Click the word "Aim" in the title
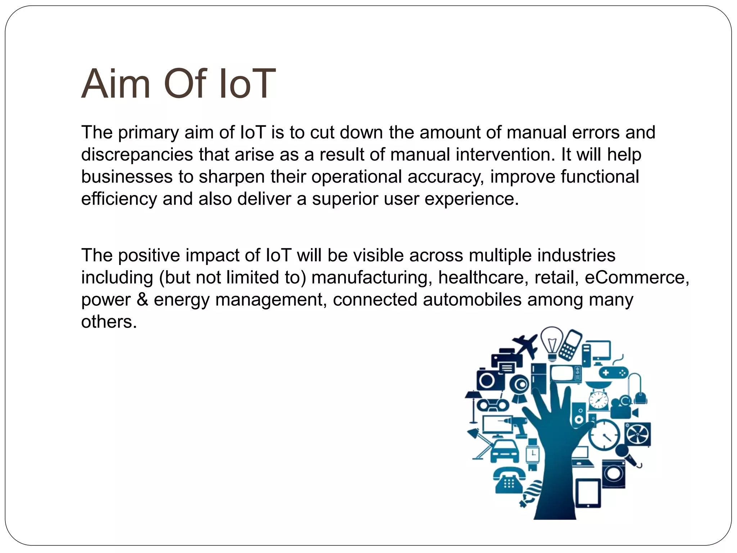[x=116, y=84]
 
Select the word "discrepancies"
[x=137, y=155]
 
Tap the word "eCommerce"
[x=637, y=278]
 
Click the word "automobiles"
[x=472, y=300]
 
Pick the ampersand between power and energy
[x=142, y=300]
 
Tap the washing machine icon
[x=613, y=473]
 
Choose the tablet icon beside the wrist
[x=588, y=493]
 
